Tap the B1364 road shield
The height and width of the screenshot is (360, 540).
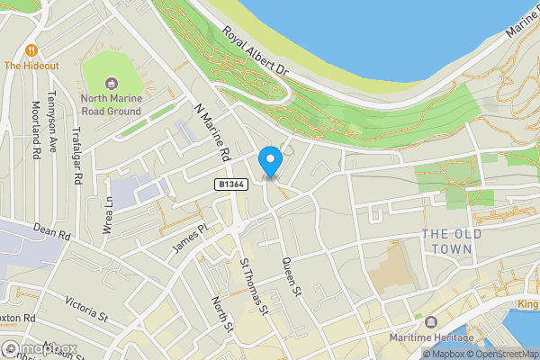[x=230, y=184]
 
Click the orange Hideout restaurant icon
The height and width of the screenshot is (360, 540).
[x=32, y=49]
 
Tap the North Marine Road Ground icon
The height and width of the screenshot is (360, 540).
[x=113, y=82]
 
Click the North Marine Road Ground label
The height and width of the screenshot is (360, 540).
[x=112, y=104]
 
